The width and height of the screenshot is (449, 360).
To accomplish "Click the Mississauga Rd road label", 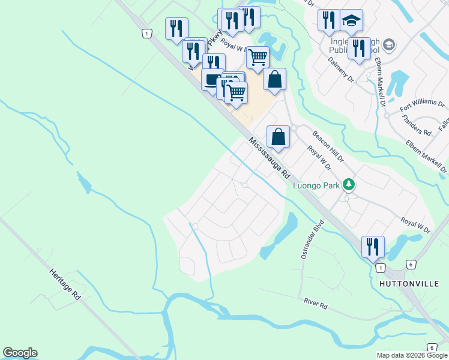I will click(270, 160).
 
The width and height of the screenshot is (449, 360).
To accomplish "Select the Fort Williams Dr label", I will click(422, 107).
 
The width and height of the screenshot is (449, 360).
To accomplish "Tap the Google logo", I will click(20, 353).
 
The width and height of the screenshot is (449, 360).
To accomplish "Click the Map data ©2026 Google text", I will click(411, 355).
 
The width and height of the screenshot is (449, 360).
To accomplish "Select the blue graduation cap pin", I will click(351, 20).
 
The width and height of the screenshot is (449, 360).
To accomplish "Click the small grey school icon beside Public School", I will click(389, 45).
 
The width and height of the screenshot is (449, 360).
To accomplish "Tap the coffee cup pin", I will click(212, 80).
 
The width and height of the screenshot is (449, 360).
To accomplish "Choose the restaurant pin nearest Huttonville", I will click(372, 246).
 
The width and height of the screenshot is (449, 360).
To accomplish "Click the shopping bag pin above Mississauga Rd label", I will click(278, 136).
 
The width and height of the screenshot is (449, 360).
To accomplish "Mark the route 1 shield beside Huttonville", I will click(381, 267).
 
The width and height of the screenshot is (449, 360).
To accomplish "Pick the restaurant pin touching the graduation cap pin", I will click(328, 20).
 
